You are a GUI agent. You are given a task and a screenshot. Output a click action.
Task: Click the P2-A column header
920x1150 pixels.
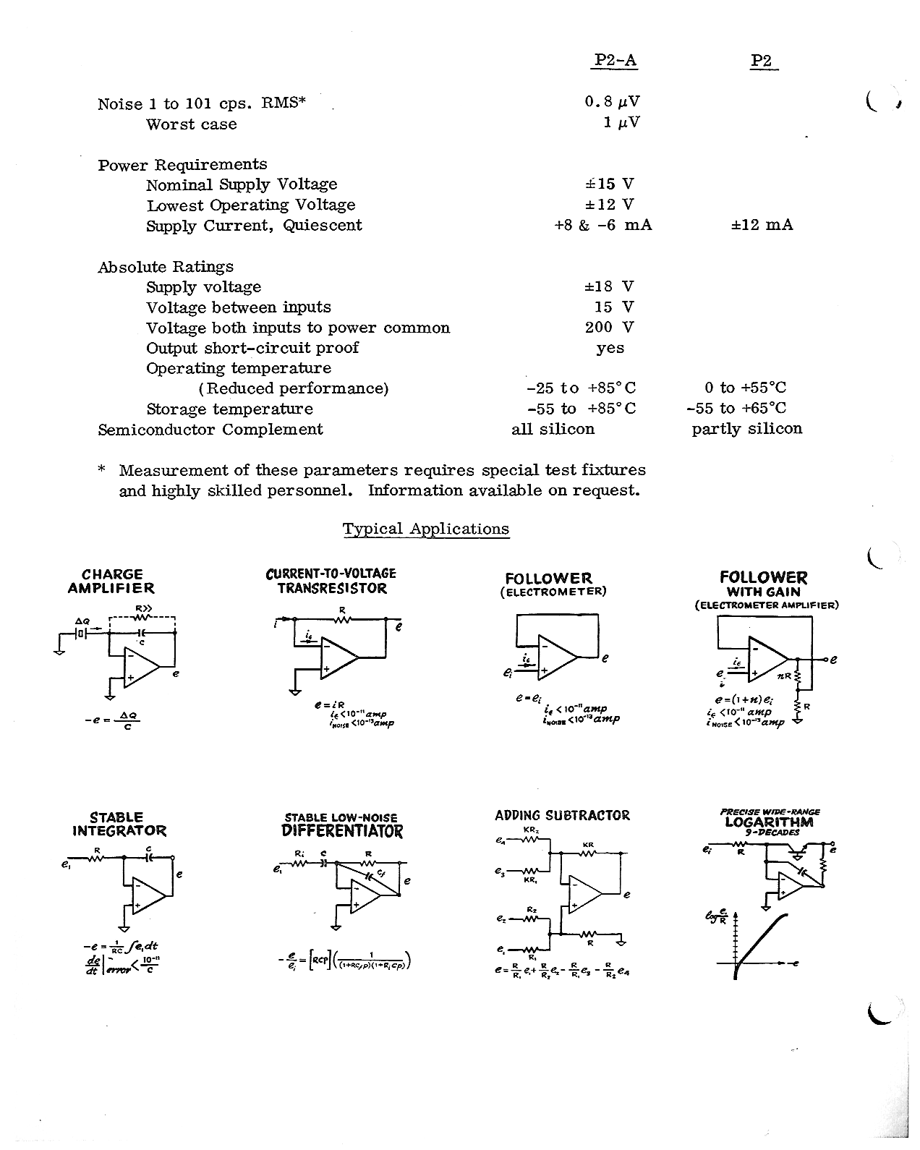click(614, 61)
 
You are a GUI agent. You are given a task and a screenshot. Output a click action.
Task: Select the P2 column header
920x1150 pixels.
click(762, 61)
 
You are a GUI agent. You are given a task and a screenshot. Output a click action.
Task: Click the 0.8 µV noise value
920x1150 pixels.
click(613, 102)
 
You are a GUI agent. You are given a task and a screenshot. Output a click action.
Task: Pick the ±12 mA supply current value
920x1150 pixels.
click(762, 225)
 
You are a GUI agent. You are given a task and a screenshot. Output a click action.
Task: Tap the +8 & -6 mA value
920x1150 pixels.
click(602, 225)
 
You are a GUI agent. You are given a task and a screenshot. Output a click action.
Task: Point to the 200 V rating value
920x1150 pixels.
click(609, 327)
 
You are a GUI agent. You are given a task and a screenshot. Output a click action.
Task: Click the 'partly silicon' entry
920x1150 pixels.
click(746, 429)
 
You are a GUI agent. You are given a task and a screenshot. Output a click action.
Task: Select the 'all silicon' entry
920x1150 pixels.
click(553, 429)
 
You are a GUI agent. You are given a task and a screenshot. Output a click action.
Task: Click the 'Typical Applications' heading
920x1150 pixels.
click(425, 529)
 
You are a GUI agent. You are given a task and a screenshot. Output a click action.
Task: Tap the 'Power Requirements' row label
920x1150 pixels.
click(182, 164)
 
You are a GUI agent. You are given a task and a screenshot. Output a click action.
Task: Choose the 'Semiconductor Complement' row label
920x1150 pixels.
click(210, 430)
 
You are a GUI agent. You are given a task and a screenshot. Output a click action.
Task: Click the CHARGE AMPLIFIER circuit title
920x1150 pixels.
click(111, 582)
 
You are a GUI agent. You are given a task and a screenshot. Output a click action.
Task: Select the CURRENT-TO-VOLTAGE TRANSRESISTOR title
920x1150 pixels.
click(331, 581)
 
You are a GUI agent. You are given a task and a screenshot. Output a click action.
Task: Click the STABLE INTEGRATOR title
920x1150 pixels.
click(119, 824)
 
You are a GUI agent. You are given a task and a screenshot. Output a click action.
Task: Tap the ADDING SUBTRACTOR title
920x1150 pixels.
click(562, 816)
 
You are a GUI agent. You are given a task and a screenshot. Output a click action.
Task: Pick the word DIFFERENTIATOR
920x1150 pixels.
click(341, 831)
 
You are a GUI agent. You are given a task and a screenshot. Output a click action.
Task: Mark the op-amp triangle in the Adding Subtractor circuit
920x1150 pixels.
click(584, 895)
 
